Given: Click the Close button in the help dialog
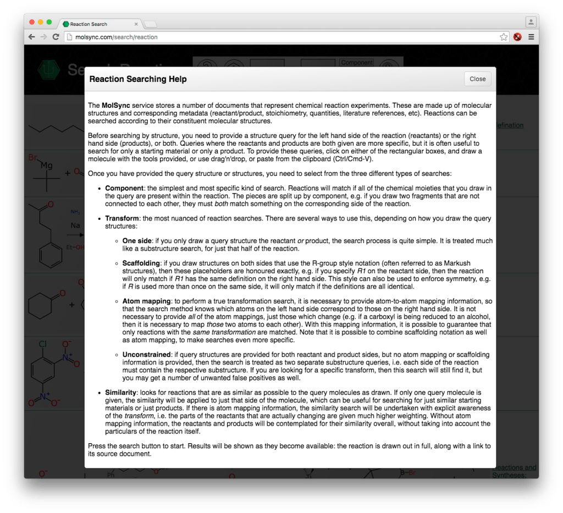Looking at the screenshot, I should click(x=477, y=79).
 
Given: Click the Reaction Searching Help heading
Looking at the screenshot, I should click(x=138, y=79).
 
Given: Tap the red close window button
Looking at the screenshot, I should click(x=31, y=23).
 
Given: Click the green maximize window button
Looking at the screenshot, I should click(x=49, y=23).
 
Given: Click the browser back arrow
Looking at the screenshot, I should click(x=31, y=37).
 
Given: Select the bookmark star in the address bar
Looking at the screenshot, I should click(x=504, y=37).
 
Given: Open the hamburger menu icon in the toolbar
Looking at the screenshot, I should click(x=531, y=37).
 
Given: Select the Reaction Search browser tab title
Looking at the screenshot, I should click(x=89, y=24).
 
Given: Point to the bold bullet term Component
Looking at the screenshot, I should click(x=124, y=188).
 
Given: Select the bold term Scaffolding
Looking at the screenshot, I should click(x=141, y=263).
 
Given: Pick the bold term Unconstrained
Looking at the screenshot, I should click(x=146, y=355).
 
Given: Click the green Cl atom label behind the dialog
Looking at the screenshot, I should click(x=42, y=345).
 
